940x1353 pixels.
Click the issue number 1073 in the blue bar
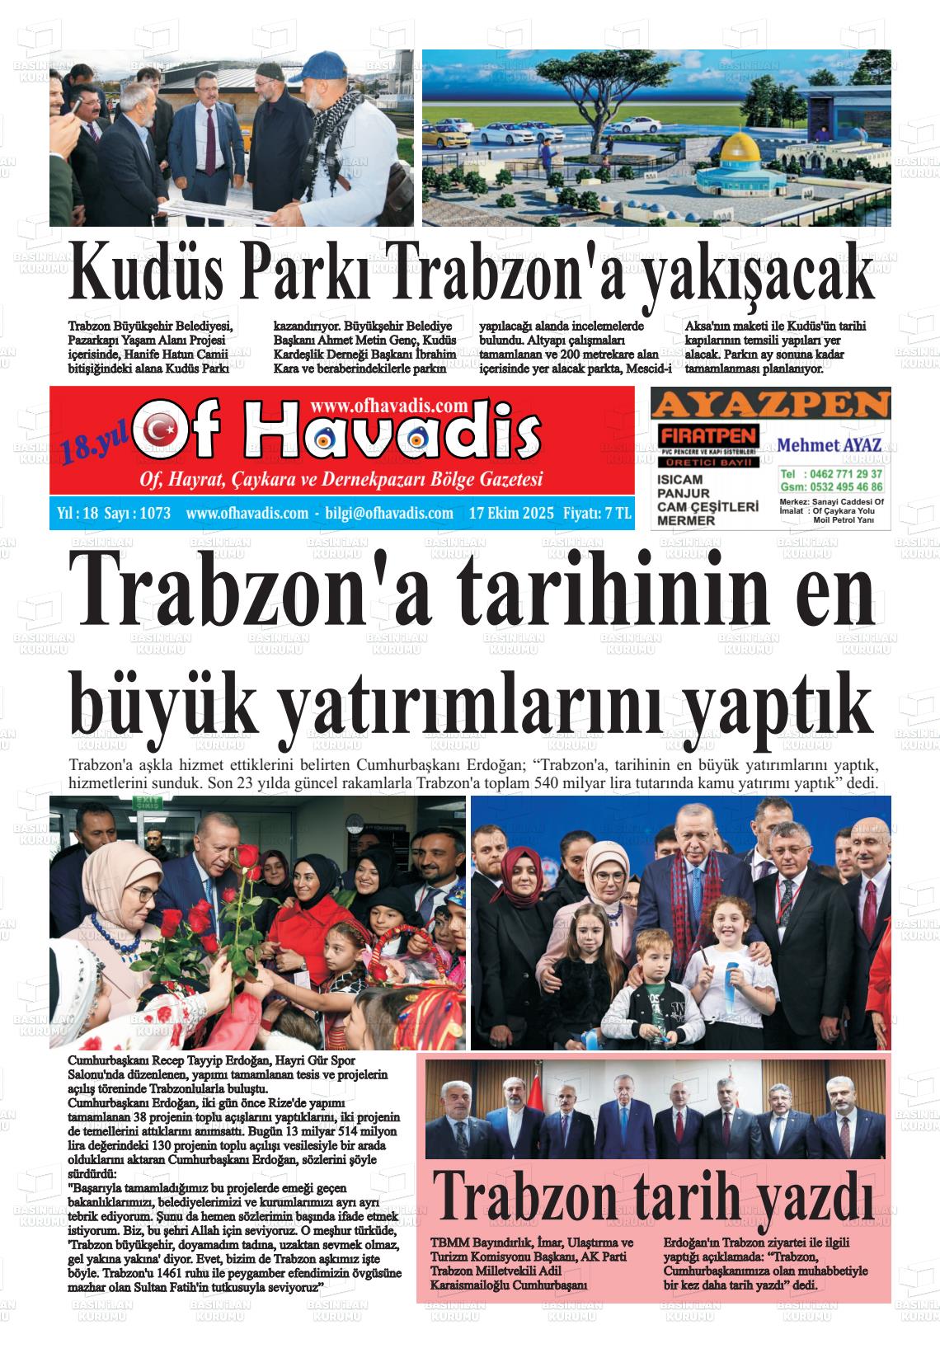click(x=155, y=514)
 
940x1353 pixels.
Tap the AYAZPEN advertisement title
click(x=771, y=404)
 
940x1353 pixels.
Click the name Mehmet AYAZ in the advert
click(x=830, y=445)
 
